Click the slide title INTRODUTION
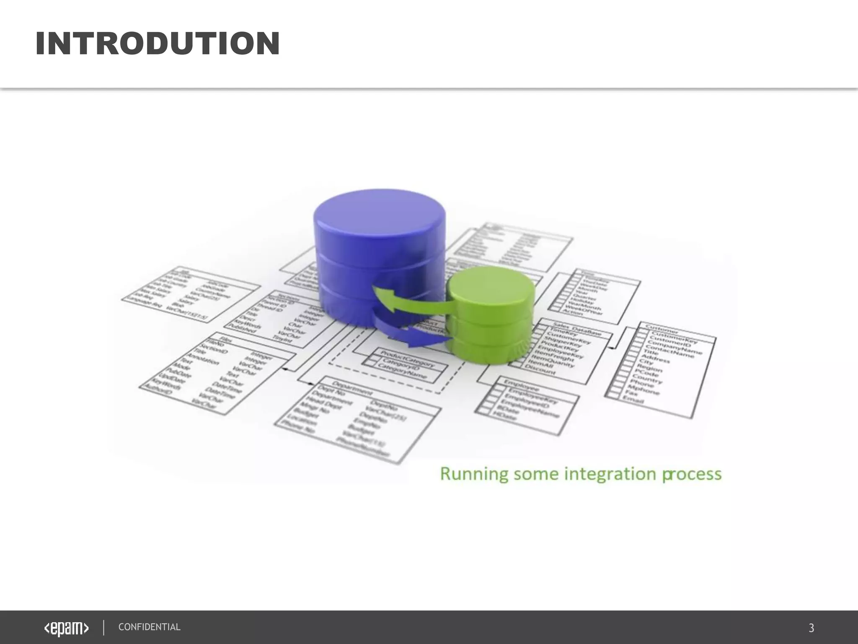158,44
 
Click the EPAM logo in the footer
67,628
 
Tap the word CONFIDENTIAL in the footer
149,627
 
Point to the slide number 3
811,628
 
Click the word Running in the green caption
474,474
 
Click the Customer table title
662,331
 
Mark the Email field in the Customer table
633,400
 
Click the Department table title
352,388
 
